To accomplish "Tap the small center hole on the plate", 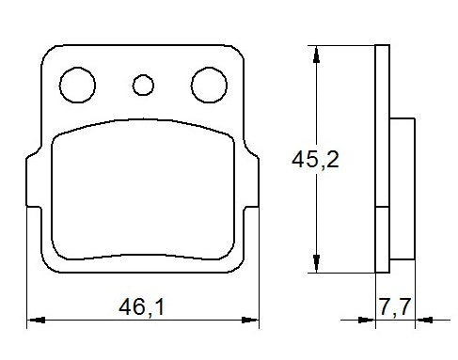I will click(143, 86).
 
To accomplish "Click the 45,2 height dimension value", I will click(314, 160).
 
